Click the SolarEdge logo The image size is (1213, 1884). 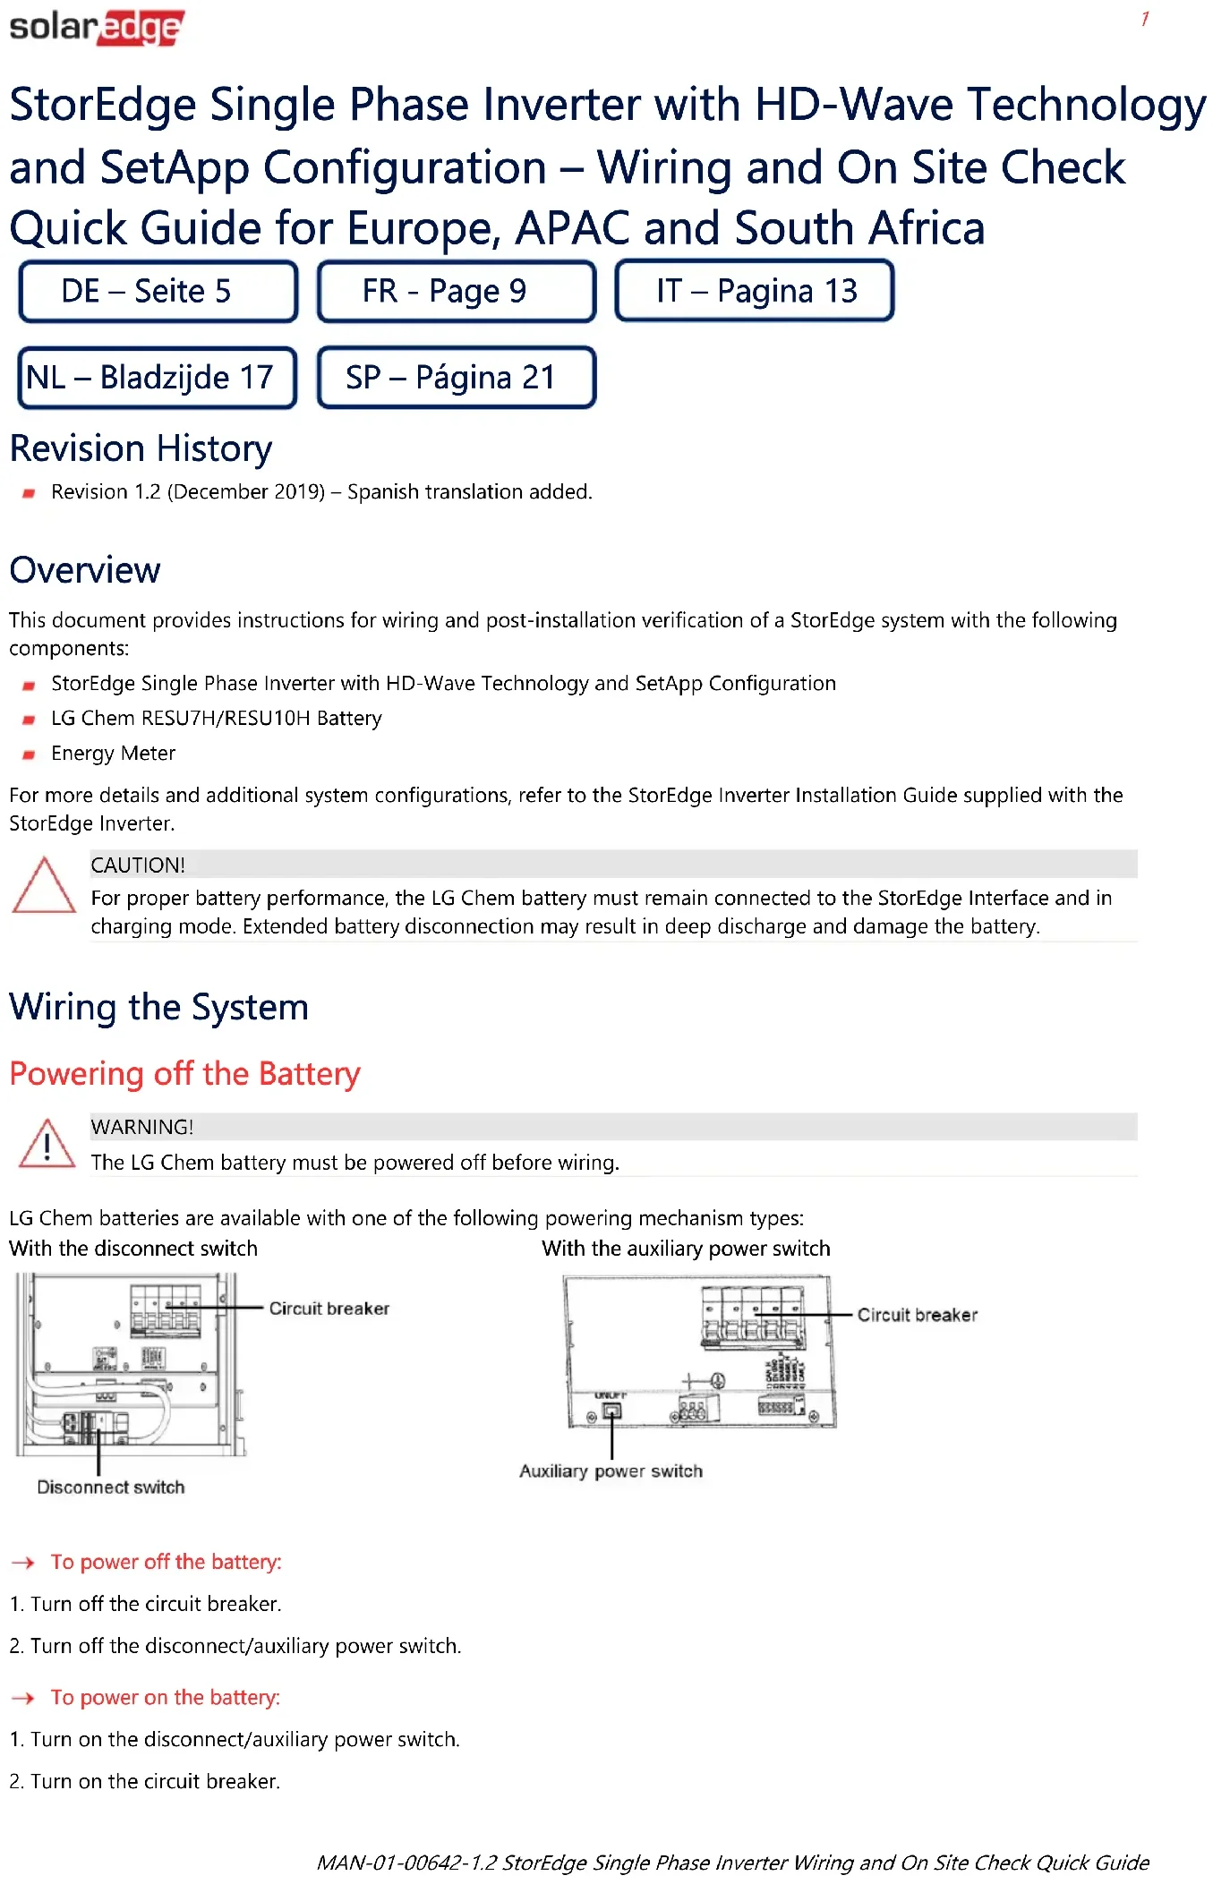97,27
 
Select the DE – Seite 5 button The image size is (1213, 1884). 158,291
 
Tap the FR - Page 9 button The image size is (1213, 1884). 456,291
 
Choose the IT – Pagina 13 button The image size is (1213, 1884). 754,291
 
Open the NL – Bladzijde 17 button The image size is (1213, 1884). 158,378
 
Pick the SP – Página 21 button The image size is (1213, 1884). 456,378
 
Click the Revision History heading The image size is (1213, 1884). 141,448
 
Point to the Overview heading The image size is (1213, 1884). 85,570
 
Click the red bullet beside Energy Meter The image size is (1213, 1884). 29,754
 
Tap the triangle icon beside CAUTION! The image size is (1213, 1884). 44,886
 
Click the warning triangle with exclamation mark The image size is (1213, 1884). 47,1145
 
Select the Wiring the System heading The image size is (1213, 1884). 158,1007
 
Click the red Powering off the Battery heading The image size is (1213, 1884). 184,1073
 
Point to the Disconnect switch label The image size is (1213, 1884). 111,1487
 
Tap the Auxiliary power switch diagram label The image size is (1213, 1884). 611,1471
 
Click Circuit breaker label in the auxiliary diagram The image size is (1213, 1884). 917,1315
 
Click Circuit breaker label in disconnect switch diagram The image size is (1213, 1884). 329,1309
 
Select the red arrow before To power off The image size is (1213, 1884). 23,1563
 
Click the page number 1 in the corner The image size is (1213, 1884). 1145,19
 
